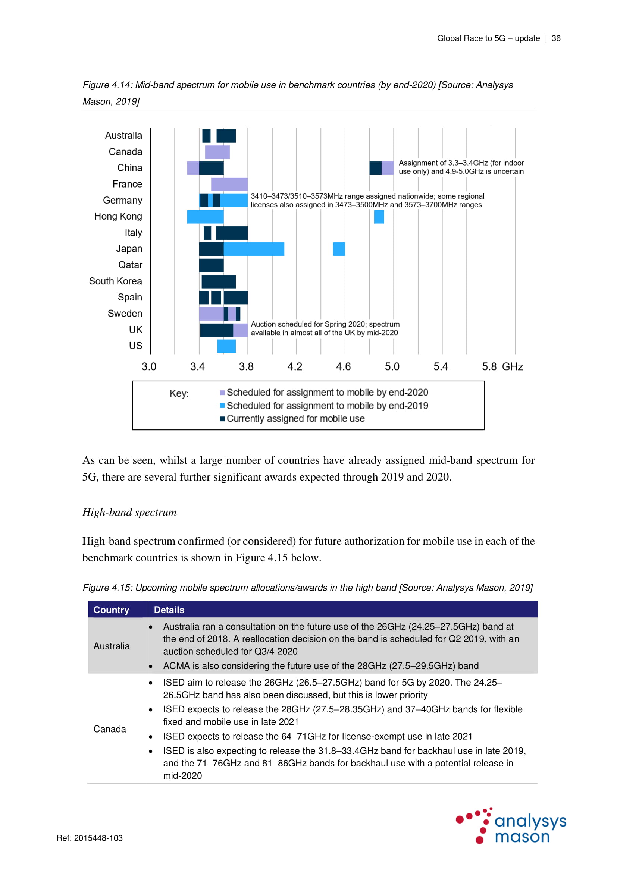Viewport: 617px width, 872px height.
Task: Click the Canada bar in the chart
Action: [217, 152]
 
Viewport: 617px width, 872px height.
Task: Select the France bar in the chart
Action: [229, 184]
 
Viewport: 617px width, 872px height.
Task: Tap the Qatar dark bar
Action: [211, 265]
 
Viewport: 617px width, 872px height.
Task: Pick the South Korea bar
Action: [219, 281]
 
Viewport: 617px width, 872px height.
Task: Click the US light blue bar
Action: [226, 346]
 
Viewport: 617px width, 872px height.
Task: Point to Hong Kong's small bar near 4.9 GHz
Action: [379, 217]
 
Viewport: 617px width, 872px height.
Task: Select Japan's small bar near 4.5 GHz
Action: [339, 249]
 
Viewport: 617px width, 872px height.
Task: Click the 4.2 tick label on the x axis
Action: [294, 366]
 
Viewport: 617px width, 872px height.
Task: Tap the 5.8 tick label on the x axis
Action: [489, 366]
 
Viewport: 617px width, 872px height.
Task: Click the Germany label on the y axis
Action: [122, 200]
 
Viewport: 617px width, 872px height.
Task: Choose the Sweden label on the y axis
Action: [125, 313]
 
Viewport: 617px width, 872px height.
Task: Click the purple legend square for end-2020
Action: [222, 392]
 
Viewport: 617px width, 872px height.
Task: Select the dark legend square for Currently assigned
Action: [222, 419]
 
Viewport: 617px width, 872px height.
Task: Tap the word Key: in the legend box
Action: [179, 393]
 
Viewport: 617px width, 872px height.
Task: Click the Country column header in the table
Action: [111, 610]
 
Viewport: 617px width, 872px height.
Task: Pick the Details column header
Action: [169, 610]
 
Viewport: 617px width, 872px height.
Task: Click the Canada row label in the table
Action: [109, 729]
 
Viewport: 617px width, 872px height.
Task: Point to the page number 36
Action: [556, 38]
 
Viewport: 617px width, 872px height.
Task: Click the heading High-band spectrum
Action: [129, 512]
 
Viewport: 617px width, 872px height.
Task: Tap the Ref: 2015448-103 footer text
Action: [90, 838]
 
